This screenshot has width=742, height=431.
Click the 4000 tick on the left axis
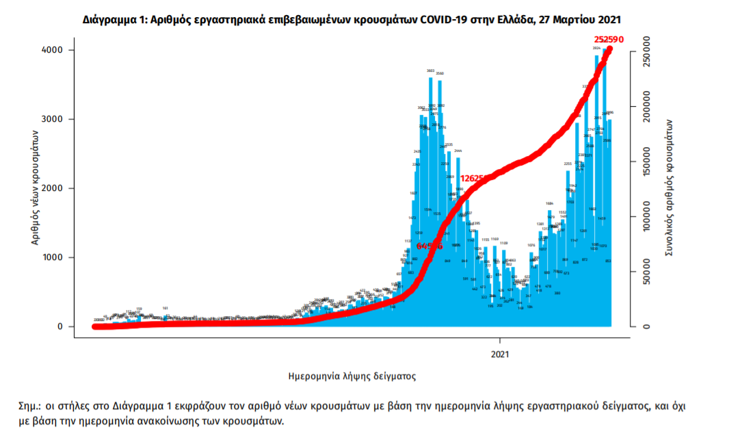tap(55, 50)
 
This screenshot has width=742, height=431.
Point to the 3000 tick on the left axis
tap(55, 119)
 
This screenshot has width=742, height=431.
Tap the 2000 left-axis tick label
tap(55, 188)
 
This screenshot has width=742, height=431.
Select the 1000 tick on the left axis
tap(55, 257)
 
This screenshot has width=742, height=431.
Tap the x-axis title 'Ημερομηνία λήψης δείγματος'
tap(352, 376)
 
